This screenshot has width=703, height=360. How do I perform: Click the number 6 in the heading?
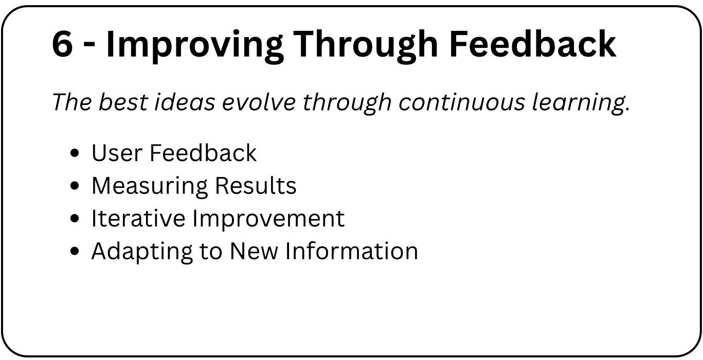point(62,44)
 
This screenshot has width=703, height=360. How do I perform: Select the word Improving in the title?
point(194,46)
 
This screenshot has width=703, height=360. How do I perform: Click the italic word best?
point(123,102)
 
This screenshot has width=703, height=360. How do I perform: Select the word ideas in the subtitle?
point(185,102)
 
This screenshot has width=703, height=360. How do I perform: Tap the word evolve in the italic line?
point(259,102)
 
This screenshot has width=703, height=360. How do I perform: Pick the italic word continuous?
point(462,102)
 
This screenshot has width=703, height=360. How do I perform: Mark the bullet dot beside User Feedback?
point(75,153)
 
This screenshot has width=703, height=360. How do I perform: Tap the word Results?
point(256,186)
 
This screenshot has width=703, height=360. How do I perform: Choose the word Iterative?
point(138,218)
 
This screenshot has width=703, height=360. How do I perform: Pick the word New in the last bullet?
point(254,251)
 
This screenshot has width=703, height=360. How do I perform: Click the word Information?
point(352,251)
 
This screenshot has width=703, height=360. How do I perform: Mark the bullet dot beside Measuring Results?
point(75,186)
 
